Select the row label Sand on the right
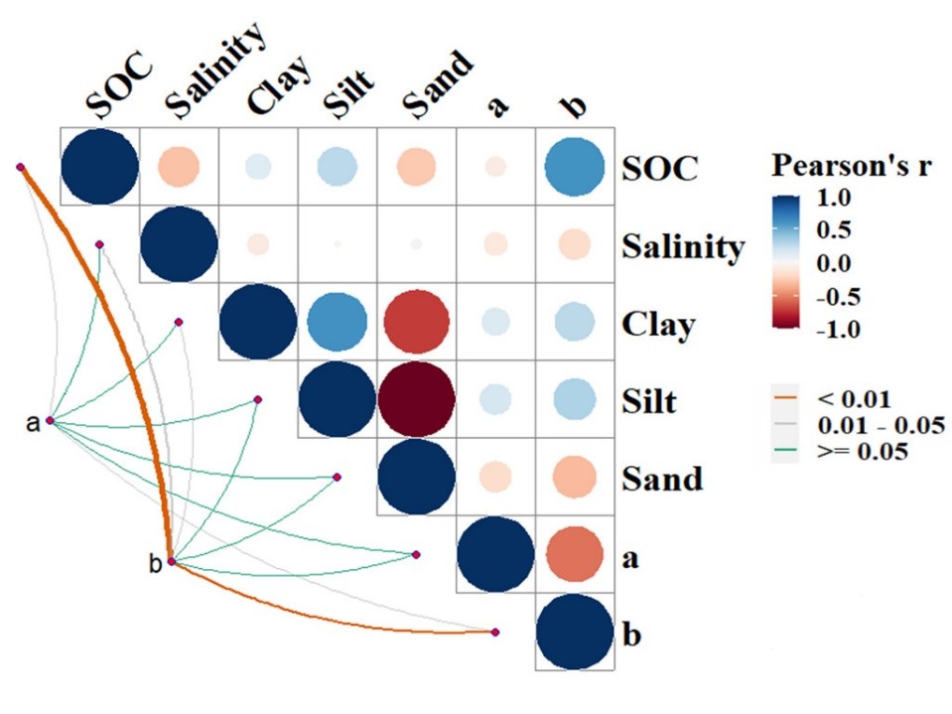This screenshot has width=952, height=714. tap(662, 480)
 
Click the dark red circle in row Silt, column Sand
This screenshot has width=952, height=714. tap(417, 401)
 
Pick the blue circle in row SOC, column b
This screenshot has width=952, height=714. tap(574, 167)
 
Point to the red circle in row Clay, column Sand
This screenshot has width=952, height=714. tap(417, 324)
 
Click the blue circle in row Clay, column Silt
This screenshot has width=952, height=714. tap(338, 324)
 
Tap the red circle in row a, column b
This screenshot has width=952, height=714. tap(574, 558)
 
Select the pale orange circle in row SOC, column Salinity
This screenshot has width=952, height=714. tap(179, 167)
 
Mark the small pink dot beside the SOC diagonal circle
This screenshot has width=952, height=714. tap(20, 167)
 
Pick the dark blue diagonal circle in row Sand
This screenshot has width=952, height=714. tap(417, 480)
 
